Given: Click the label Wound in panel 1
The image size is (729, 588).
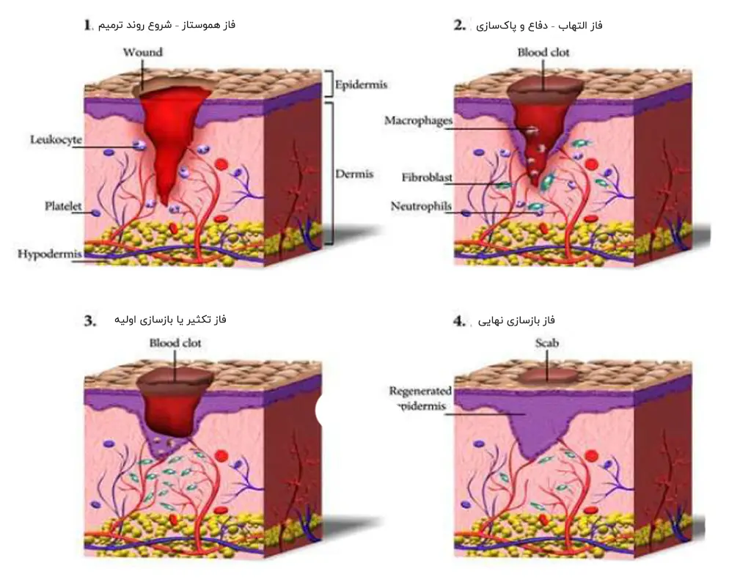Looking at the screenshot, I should point(142,52).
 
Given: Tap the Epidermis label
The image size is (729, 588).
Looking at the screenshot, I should point(361,84).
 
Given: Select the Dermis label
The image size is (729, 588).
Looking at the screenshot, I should point(354,174).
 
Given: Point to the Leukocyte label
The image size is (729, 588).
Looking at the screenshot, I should point(56,139).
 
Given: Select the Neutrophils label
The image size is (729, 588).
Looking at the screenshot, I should point(421,207).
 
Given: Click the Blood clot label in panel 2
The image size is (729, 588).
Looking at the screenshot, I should point(543,52).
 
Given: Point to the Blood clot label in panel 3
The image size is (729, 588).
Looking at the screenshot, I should point(175,342).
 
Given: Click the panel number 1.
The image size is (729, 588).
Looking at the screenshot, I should point(87,25).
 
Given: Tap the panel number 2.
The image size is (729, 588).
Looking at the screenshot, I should point(460,25).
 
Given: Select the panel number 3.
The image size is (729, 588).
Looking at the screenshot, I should point(90,320).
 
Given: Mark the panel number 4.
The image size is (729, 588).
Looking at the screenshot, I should point(460,320).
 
